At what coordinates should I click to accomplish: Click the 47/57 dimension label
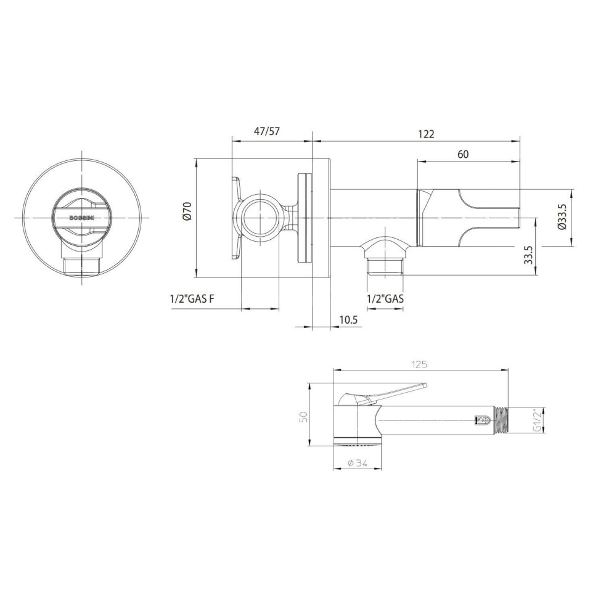click(x=267, y=131)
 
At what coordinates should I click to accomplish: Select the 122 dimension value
click(x=426, y=134)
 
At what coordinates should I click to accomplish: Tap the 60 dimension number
click(x=462, y=154)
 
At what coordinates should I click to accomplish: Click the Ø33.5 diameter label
click(x=562, y=216)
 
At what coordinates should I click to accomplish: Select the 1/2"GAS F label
click(x=192, y=298)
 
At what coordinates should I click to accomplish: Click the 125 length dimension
click(x=419, y=364)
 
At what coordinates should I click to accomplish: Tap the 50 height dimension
click(x=303, y=417)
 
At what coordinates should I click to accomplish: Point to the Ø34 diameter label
click(x=358, y=464)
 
